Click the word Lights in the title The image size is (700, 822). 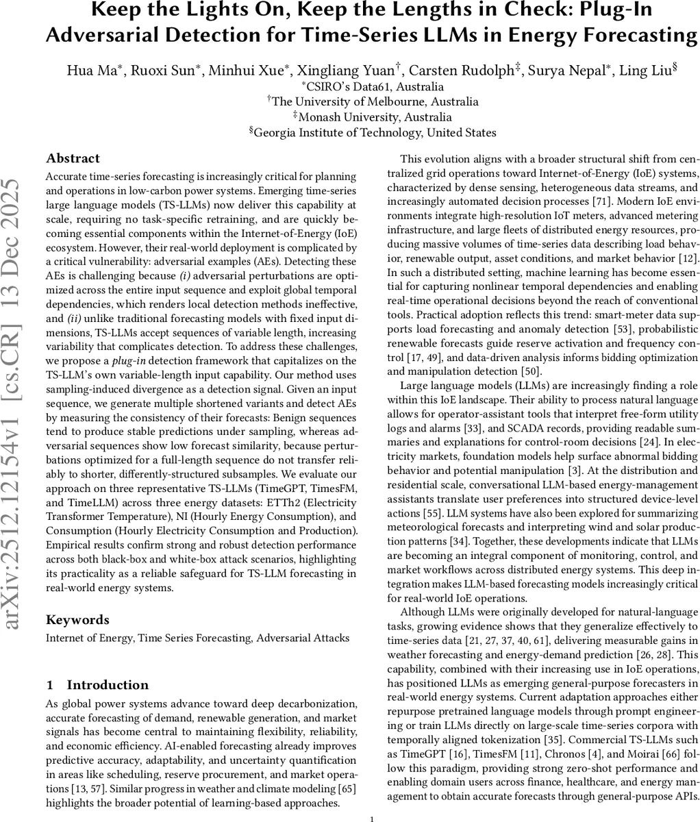coord(207,12)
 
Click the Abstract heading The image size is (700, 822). coord(73,158)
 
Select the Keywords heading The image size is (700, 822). coord(77,620)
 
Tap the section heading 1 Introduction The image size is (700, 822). coord(97,685)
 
